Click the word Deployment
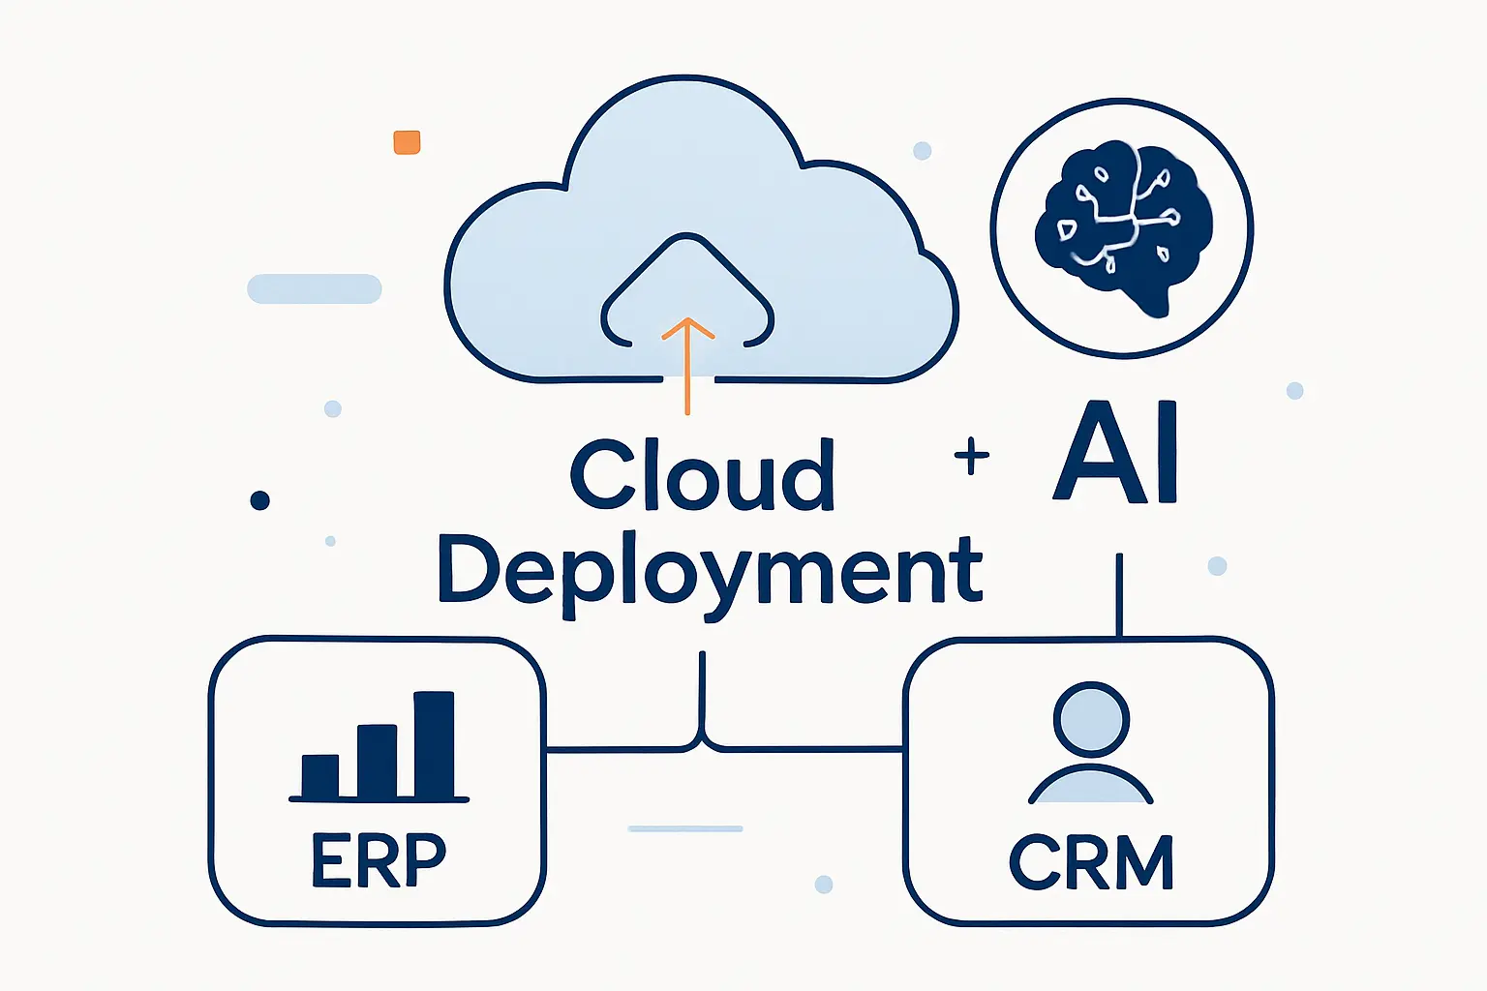pos(710,571)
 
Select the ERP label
pos(379,859)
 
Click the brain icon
pos(1123,227)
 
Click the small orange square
pos(407,142)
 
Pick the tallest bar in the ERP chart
pos(434,743)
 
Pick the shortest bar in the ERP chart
pos(320,775)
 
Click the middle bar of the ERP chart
pos(377,760)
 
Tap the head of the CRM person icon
pos(1091,720)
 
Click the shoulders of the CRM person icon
pos(1091,786)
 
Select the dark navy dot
pos(259,500)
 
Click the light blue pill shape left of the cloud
pos(315,288)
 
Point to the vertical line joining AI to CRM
pos(1119,595)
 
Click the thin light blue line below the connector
pos(685,828)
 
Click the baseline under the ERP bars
pos(379,799)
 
